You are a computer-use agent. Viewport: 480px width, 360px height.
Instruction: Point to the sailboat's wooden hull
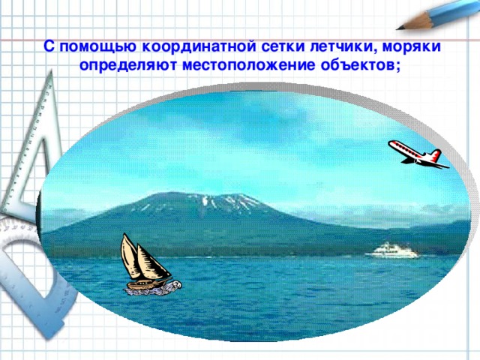pyautogui.click(x=148, y=283)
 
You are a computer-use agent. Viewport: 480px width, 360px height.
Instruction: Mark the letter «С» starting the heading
pyautogui.click(x=48, y=46)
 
